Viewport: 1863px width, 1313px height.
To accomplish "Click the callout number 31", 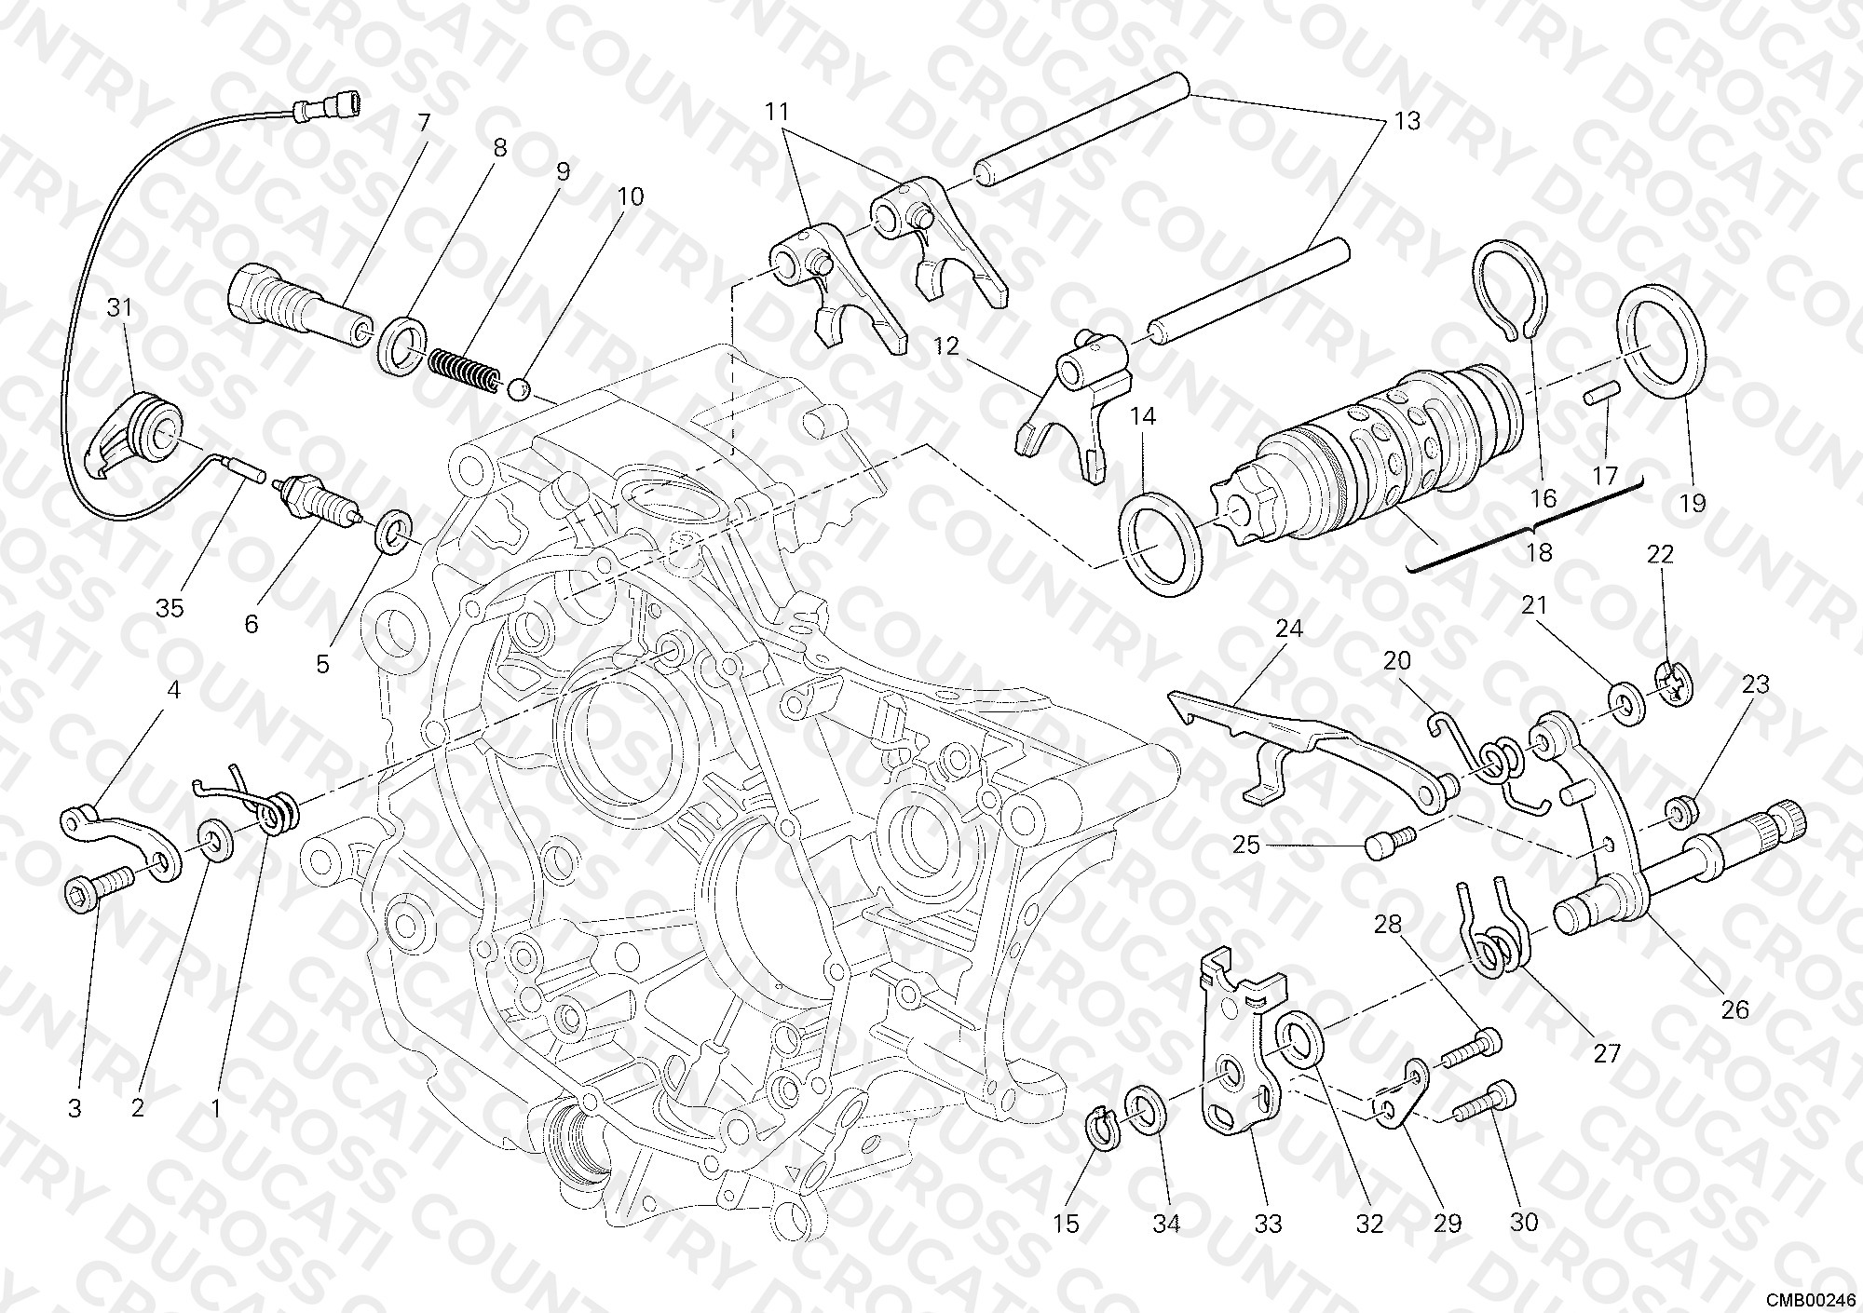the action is tap(119, 308).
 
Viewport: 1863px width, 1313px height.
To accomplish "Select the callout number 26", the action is tap(1734, 1009).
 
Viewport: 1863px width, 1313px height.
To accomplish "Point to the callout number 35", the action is tap(170, 608).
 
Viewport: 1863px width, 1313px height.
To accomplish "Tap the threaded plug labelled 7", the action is tap(298, 305).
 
